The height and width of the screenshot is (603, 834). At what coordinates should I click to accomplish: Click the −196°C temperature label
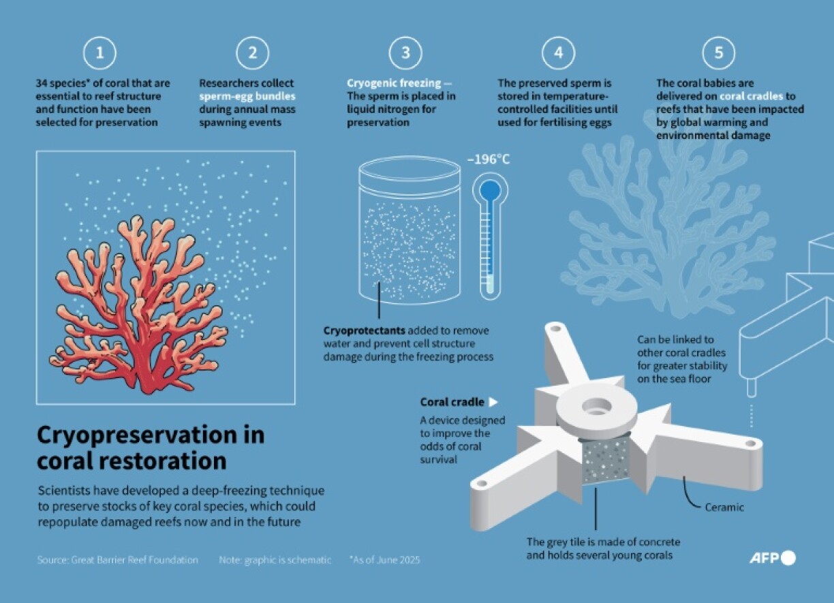[x=489, y=159]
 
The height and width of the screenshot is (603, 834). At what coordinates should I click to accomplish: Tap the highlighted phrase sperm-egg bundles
[x=247, y=96]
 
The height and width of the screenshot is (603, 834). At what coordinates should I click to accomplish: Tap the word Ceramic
[x=724, y=507]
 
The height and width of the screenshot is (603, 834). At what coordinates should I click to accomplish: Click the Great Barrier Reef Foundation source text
[x=117, y=560]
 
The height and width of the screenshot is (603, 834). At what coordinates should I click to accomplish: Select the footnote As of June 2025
[x=385, y=560]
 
